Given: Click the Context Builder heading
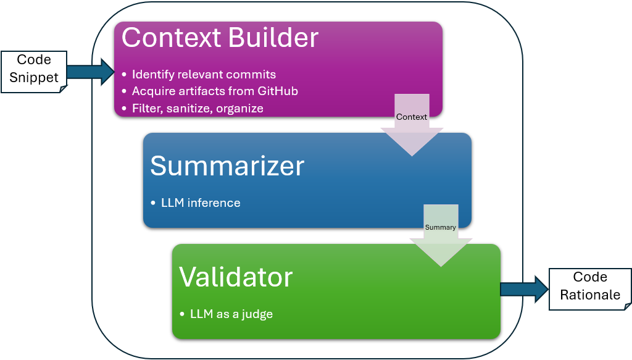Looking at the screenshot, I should (x=220, y=38).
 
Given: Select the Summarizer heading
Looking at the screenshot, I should (x=227, y=166).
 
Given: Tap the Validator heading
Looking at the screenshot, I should (x=236, y=277).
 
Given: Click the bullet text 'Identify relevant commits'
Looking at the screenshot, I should (x=204, y=75).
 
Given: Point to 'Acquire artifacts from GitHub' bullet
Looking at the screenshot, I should (x=215, y=91).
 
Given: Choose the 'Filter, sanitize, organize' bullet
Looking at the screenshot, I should (x=197, y=109).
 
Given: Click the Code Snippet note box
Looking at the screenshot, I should (x=33, y=69).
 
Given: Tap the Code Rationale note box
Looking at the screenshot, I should (x=590, y=287).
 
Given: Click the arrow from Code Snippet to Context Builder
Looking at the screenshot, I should (x=90, y=72).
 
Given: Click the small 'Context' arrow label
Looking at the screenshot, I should (x=412, y=117).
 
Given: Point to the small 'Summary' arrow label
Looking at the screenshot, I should (x=441, y=227).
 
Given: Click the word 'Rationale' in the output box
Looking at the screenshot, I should (x=590, y=295).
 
